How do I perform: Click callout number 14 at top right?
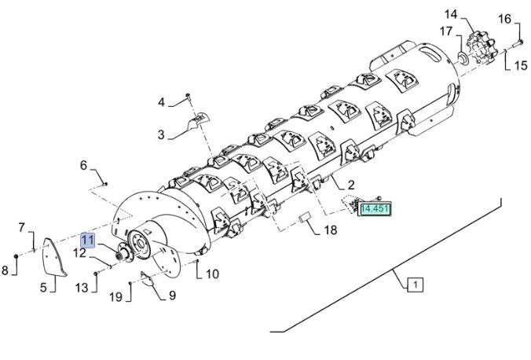pyautogui.click(x=472, y=14)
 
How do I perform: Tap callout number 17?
pyautogui.click(x=445, y=32)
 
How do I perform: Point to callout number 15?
pyautogui.click(x=521, y=66)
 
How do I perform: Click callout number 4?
pyautogui.click(x=161, y=102)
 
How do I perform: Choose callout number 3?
pyautogui.click(x=161, y=134)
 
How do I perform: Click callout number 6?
pyautogui.click(x=83, y=165)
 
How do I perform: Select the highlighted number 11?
pyautogui.click(x=86, y=239)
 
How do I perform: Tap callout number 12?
pyautogui.click(x=80, y=253)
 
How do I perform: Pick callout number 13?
pyautogui.click(x=82, y=288)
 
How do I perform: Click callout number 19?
pyautogui.click(x=115, y=297)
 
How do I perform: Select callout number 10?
pyautogui.click(x=212, y=274)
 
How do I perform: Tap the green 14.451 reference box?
pyautogui.click(x=375, y=208)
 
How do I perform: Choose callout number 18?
pyautogui.click(x=330, y=230)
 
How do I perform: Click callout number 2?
pyautogui.click(x=351, y=185)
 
